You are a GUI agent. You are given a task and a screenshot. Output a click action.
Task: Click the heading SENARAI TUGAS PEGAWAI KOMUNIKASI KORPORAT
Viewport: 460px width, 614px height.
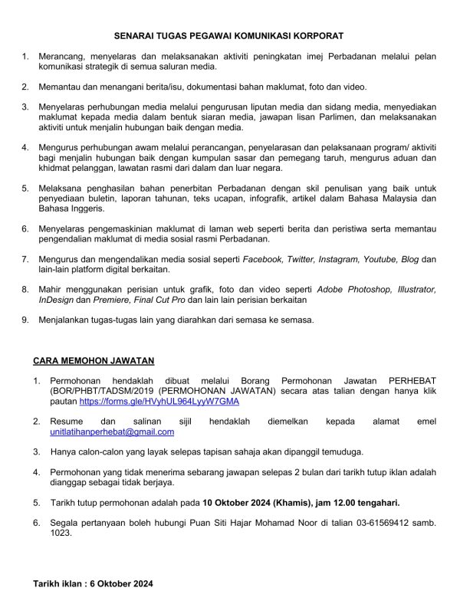click(229, 35)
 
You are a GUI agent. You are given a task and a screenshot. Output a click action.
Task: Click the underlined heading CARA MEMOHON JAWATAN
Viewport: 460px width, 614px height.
click(94, 360)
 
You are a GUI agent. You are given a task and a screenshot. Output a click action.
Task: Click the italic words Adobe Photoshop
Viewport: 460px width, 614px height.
click(359, 289)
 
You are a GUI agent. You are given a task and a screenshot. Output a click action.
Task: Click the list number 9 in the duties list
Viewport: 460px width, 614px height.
click(25, 320)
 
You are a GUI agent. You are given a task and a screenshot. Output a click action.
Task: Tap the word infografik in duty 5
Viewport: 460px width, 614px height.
click(248, 199)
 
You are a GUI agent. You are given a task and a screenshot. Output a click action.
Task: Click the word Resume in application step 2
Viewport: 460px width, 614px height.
click(67, 422)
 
